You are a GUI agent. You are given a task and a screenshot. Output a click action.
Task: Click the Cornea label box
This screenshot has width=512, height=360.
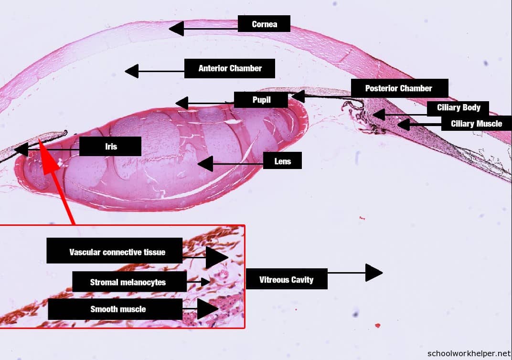[264, 24]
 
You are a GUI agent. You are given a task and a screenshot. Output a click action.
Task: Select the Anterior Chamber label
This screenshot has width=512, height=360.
[230, 68]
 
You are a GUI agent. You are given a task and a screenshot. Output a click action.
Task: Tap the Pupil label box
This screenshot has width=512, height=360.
[261, 100]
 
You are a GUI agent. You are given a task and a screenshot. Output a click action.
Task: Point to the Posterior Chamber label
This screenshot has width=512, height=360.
[399, 88]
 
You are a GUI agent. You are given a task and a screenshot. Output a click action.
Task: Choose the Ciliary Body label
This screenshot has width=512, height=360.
[459, 107]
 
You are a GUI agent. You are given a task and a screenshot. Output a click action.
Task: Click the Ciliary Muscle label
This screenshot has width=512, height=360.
[476, 124]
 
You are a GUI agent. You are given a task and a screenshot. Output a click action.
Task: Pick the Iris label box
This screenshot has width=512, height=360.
[110, 147]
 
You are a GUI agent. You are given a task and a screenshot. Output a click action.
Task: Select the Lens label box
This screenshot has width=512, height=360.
[282, 161]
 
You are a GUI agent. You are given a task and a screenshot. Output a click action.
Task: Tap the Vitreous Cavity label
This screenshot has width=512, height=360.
[286, 279]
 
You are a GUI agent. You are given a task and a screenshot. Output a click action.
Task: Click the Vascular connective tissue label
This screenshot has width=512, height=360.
[115, 251]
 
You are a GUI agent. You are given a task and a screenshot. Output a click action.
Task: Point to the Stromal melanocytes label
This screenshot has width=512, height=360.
[128, 282]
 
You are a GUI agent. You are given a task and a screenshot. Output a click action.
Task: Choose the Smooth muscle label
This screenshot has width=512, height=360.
[116, 309]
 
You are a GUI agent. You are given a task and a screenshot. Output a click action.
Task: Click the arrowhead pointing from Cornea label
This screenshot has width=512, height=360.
[176, 28]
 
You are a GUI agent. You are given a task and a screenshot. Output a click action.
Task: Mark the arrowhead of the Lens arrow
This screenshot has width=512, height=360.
[205, 164]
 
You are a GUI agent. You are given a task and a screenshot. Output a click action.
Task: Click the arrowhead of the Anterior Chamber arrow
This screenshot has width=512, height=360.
[131, 71]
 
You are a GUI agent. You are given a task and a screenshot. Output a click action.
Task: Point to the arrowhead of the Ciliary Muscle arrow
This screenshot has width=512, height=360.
[404, 125]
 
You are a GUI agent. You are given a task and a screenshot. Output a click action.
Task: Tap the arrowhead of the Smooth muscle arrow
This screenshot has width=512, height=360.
[208, 309]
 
